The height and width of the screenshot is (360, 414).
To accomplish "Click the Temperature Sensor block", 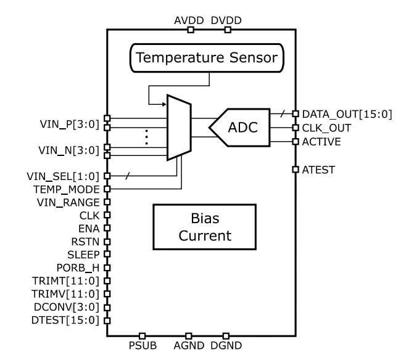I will coord(208,59).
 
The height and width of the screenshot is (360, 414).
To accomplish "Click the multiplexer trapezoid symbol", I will coord(180,127).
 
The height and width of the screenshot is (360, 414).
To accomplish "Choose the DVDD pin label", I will coord(226,20).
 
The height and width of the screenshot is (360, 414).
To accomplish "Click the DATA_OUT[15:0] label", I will coord(347,115).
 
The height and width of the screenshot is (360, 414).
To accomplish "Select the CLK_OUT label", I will coord(326,128).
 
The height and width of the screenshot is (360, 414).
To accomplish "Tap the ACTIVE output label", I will coord(322,142).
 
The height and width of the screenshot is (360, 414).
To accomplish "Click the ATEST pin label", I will coord(319,169).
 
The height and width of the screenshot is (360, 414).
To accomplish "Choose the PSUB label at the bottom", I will coord(143,346).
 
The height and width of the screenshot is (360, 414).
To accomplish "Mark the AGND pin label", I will coord(191,346).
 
